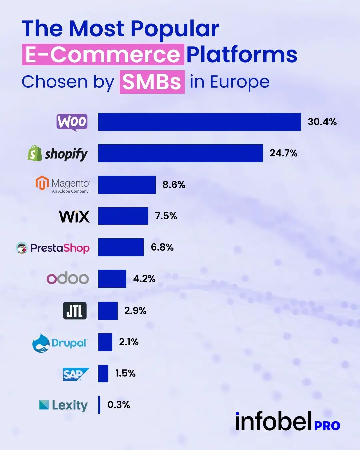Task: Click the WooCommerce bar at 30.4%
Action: click(199, 122)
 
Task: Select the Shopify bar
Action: click(180, 153)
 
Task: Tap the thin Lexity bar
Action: click(99, 405)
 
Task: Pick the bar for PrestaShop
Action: click(121, 247)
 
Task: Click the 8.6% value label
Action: click(174, 185)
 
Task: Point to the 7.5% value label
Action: click(166, 216)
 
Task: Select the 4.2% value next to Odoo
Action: click(144, 279)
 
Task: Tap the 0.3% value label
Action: click(119, 405)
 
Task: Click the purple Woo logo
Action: click(72, 122)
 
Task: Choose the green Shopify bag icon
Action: click(35, 153)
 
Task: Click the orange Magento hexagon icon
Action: click(42, 183)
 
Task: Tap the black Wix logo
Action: click(74, 216)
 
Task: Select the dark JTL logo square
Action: click(75, 311)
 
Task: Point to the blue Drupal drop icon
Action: click(41, 343)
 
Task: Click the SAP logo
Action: click(76, 374)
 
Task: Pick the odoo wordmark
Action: click(68, 278)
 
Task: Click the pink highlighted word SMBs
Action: click(152, 82)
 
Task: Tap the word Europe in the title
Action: click(239, 82)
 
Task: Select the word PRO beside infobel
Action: click(327, 426)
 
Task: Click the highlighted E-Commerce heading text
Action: click(103, 55)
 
